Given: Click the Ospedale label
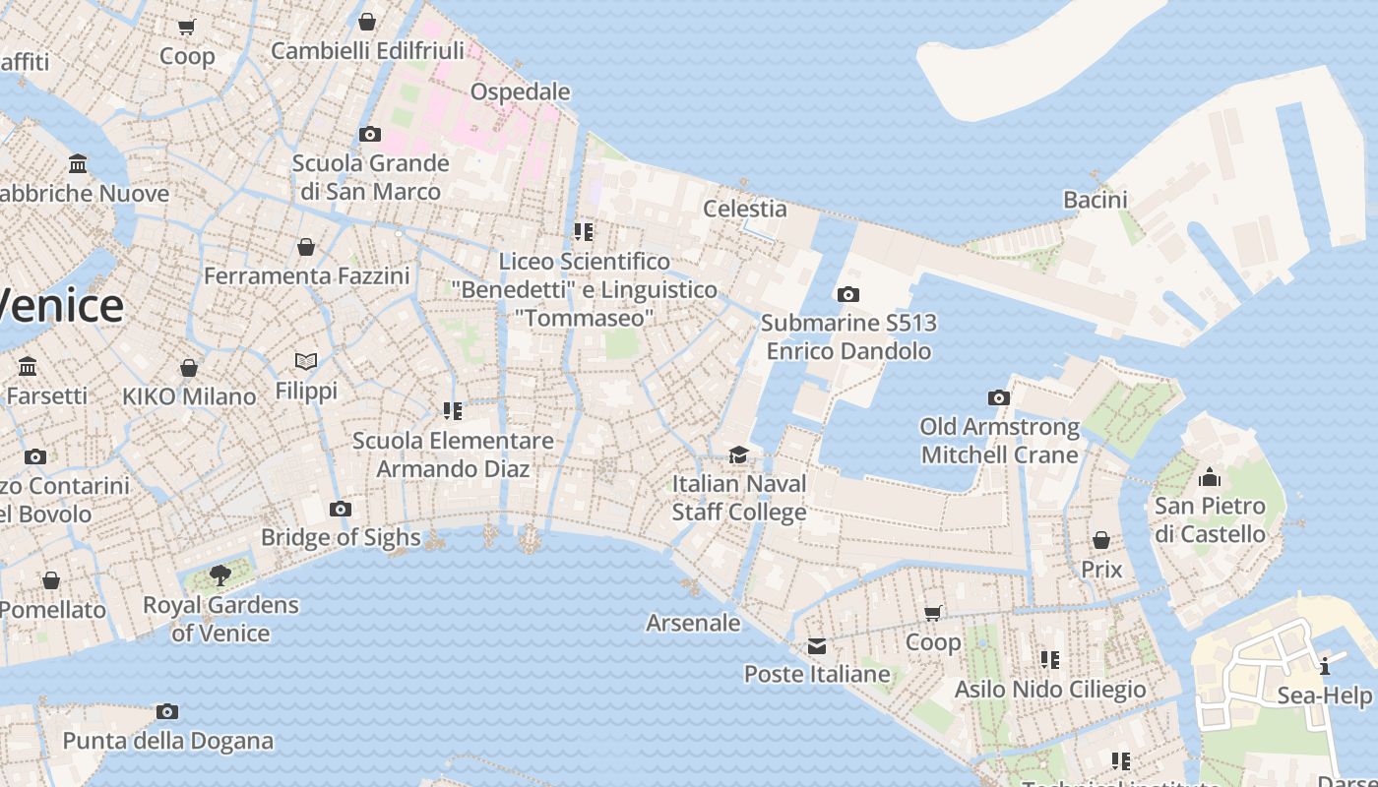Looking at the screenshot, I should click(x=520, y=91).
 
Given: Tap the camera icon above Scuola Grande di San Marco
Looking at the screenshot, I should click(x=370, y=134).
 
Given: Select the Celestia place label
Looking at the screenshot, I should click(x=744, y=209).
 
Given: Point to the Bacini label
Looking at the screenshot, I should click(x=1095, y=200).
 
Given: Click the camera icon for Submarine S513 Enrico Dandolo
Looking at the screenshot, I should click(x=847, y=294).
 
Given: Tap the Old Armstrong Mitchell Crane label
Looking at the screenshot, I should click(x=999, y=441).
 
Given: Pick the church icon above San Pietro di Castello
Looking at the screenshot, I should click(x=1210, y=478).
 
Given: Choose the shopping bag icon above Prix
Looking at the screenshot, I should click(x=1101, y=540).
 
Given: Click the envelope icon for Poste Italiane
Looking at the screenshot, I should click(x=817, y=646).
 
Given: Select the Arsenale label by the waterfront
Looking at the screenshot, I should click(x=693, y=623).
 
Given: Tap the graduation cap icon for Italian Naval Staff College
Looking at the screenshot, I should click(x=738, y=454).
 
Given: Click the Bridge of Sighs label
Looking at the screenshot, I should click(x=341, y=538).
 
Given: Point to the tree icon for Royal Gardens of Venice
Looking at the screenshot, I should click(x=220, y=575).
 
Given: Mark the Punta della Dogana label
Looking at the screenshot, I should click(x=168, y=741).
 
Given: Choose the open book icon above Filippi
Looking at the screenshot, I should click(x=306, y=362).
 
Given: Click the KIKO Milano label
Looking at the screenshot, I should click(x=189, y=396).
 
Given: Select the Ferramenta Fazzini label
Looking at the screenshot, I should click(x=306, y=275).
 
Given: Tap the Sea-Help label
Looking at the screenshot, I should click(x=1324, y=696).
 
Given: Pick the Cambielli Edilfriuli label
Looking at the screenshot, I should click(x=367, y=50).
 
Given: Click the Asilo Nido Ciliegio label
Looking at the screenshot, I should click(x=1050, y=690).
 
